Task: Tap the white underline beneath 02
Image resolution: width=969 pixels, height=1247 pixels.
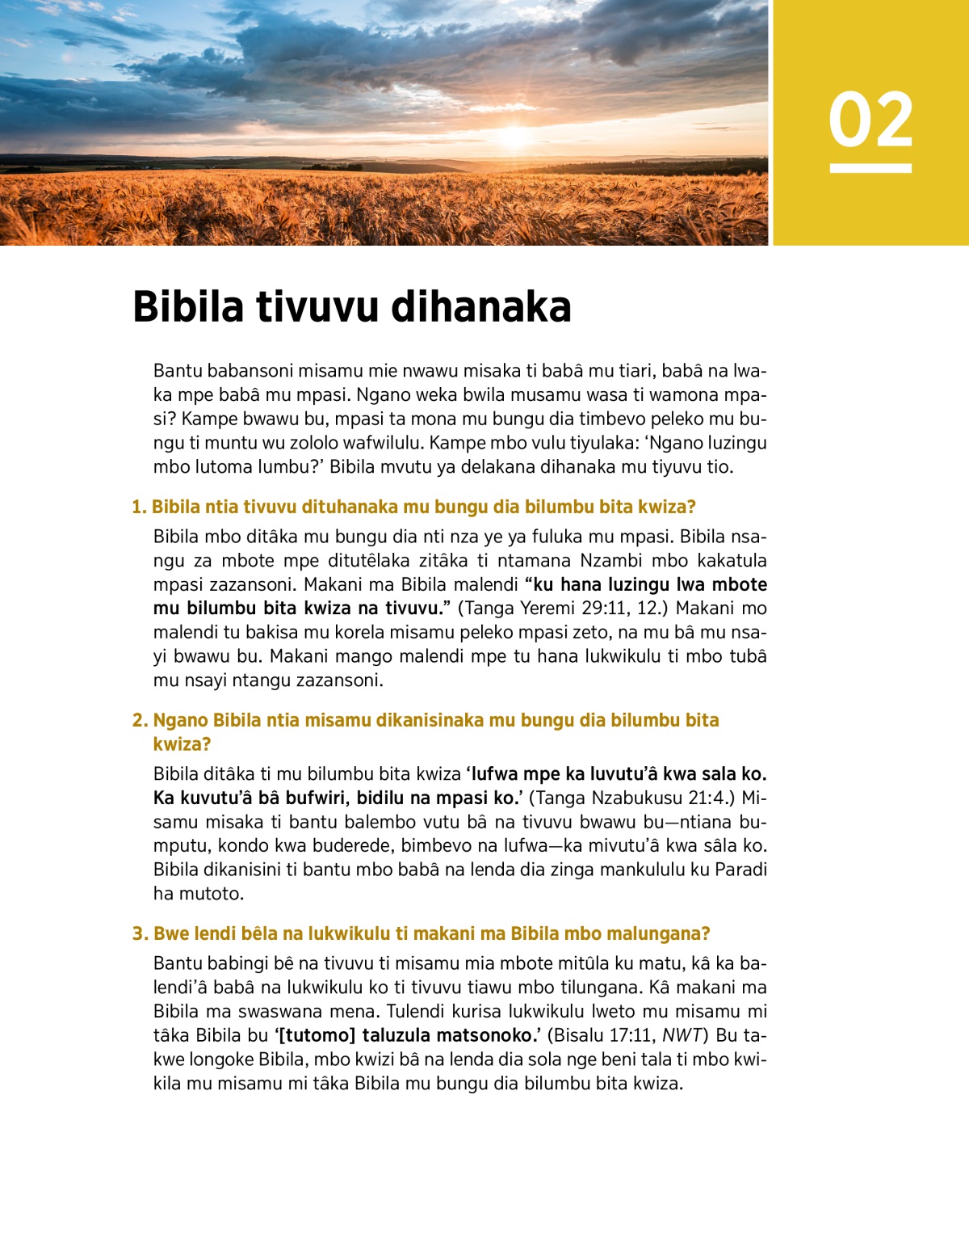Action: coord(870,168)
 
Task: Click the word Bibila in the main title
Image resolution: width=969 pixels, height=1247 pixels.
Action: coord(188,307)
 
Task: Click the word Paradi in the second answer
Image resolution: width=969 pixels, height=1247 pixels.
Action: coord(740,870)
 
